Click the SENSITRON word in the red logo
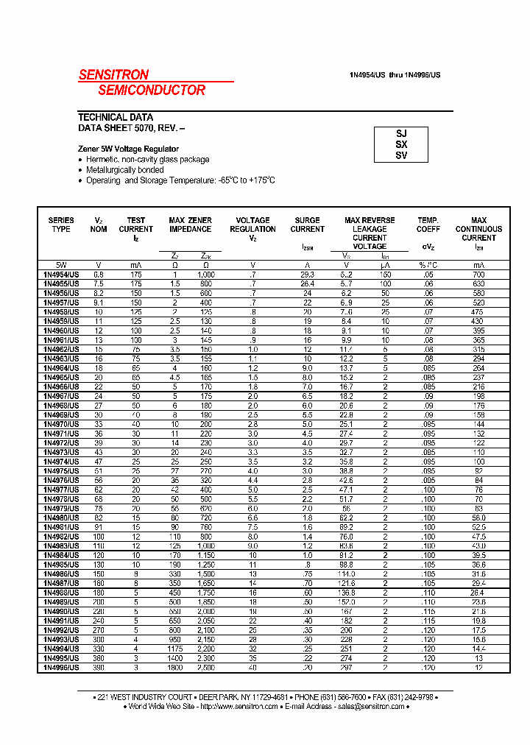pyautogui.click(x=113, y=74)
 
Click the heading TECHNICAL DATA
pyautogui.click(x=116, y=117)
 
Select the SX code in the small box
pyautogui.click(x=401, y=144)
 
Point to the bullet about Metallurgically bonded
pyautogui.click(x=124, y=169)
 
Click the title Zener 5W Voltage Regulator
pyautogui.click(x=128, y=149)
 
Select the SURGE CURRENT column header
pyautogui.click(x=307, y=225)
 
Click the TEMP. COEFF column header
pyautogui.click(x=428, y=225)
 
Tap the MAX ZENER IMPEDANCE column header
pyautogui.click(x=190, y=225)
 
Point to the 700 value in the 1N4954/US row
pyautogui.click(x=478, y=274)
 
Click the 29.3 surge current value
pyautogui.click(x=307, y=274)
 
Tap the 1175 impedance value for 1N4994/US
pyautogui.click(x=174, y=649)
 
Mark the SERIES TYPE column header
pyautogui.click(x=61, y=225)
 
